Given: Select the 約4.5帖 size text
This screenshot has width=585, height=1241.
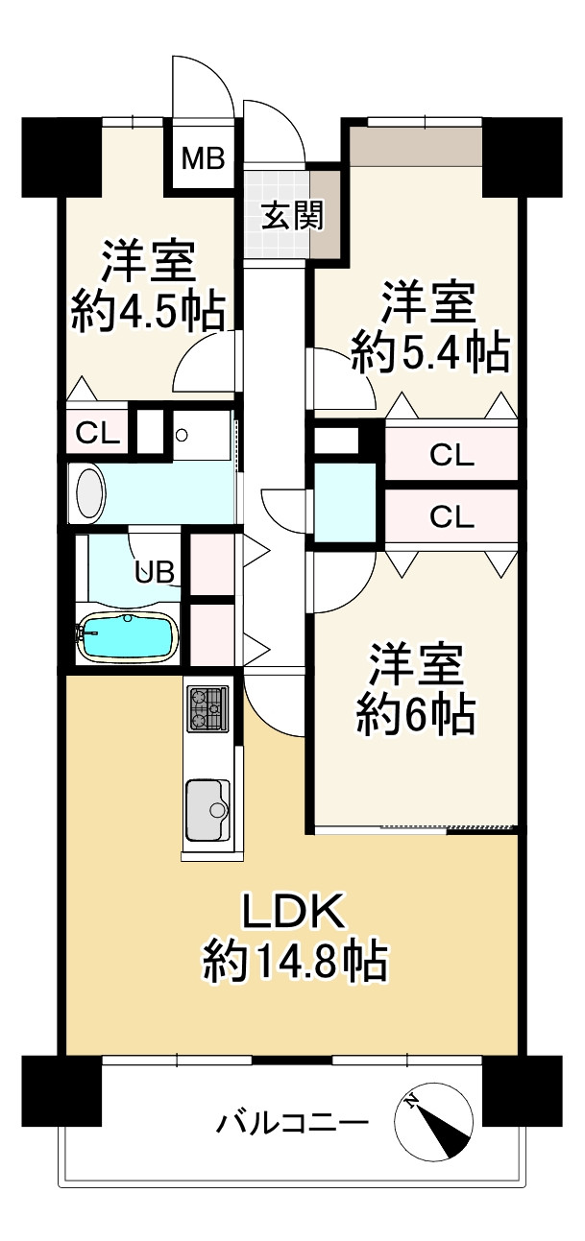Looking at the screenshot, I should (x=148, y=311).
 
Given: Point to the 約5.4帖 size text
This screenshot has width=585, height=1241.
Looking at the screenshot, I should (x=428, y=354).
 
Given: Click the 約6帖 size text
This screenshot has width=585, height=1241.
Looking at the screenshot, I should (x=416, y=715).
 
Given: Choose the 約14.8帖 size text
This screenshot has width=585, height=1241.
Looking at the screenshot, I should (x=294, y=961).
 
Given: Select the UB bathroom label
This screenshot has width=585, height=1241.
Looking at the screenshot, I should (x=155, y=573).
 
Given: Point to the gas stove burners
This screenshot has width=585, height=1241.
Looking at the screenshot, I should (x=207, y=708).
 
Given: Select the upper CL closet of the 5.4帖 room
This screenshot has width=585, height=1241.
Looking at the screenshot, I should (x=451, y=456).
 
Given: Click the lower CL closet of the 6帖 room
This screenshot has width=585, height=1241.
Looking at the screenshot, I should (x=451, y=517).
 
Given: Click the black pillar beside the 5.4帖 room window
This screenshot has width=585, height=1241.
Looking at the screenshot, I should (x=522, y=154).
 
